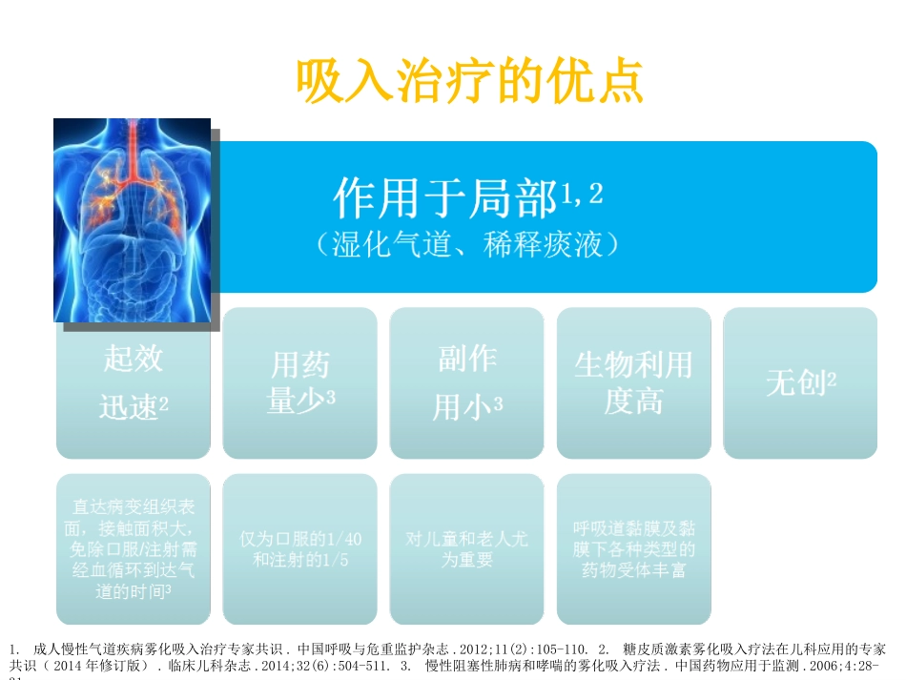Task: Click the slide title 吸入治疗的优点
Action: point(469,82)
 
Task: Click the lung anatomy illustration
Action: point(132,219)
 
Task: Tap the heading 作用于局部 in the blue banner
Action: point(444,199)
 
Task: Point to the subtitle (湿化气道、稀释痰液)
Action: point(468,245)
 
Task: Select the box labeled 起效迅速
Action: point(134,382)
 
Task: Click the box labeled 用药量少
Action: point(300,382)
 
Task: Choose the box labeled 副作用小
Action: point(467,382)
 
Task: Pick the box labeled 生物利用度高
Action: point(633,382)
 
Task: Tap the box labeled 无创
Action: point(800,382)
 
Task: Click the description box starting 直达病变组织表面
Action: point(134,548)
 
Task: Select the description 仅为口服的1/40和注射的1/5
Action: point(300,548)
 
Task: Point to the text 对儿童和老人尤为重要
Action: point(467,548)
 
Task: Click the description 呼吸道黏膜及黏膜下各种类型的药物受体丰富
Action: point(633,548)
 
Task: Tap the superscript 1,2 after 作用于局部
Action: point(582,195)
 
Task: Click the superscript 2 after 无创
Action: point(832,379)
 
